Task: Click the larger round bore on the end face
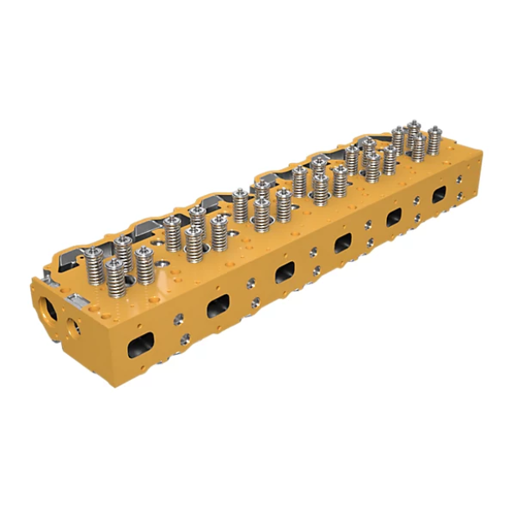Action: pos(49,306)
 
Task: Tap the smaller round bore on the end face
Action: pos(75,326)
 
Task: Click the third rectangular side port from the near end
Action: pos(285,271)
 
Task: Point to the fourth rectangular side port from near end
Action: pos(343,243)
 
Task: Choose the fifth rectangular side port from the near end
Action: pos(393,217)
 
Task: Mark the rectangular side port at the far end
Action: pos(439,194)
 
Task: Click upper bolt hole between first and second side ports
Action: pos(178,318)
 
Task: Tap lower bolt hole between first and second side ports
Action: pos(184,338)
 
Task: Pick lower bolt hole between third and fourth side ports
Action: pos(318,270)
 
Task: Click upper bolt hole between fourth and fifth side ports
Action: pos(369,224)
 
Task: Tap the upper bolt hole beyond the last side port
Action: pos(459,177)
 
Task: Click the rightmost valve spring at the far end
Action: pos(434,142)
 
